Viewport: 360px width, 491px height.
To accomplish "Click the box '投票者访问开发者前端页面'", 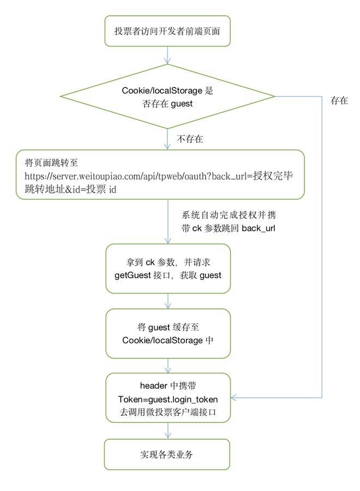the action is (x=167, y=31).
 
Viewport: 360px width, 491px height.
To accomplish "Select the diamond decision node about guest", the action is (x=167, y=97).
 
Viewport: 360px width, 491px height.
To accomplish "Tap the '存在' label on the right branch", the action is (x=339, y=100).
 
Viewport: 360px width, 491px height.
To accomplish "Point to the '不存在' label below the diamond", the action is (x=190, y=139).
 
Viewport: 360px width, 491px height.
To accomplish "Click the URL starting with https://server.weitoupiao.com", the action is (x=159, y=176).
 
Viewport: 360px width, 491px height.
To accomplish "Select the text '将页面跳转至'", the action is (x=51, y=163).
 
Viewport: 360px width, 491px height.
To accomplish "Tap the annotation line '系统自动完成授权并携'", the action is (x=229, y=215).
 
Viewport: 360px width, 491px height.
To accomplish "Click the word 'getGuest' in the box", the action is (x=133, y=276).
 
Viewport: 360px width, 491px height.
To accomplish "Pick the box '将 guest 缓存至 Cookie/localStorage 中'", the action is (x=168, y=333).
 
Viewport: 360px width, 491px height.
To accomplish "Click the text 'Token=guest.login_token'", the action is (x=168, y=399).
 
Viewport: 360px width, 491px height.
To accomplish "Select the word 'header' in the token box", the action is (x=153, y=386).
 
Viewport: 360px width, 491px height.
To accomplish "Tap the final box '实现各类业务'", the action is (x=167, y=454).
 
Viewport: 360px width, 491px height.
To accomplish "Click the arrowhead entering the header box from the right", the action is (x=233, y=398).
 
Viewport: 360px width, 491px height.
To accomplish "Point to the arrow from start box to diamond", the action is (x=168, y=56).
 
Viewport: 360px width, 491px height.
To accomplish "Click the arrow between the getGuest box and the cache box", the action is (x=168, y=301).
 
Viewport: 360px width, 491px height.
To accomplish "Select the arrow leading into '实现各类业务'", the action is (x=168, y=430).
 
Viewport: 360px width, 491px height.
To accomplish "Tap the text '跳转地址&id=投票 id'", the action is (x=70, y=189).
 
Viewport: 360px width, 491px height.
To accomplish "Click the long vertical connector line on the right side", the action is (x=322, y=247).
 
